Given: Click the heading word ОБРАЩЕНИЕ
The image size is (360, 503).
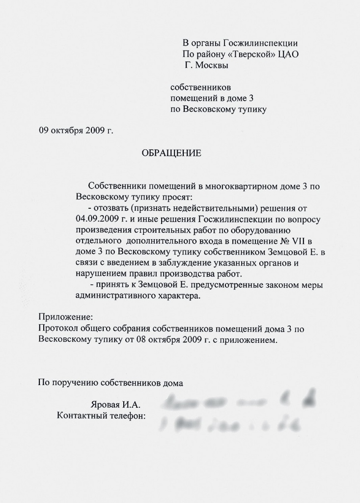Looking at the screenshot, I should [171, 153].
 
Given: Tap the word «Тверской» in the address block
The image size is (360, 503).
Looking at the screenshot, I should [255, 54].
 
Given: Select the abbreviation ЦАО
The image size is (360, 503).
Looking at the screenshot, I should [288, 54].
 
